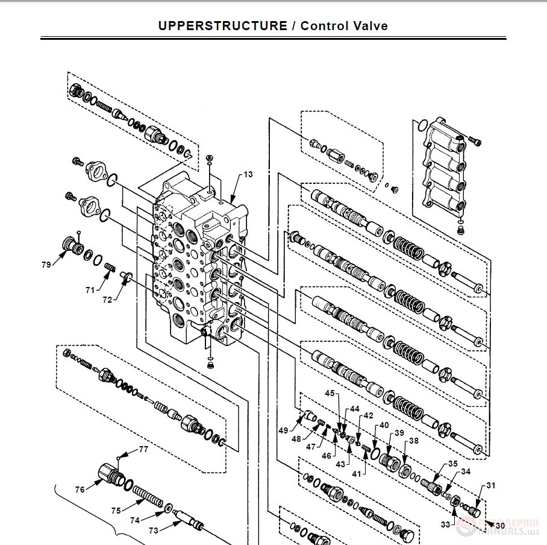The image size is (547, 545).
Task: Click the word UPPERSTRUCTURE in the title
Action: (x=222, y=26)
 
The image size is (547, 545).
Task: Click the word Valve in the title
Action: (x=370, y=26)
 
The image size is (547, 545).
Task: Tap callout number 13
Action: (x=248, y=175)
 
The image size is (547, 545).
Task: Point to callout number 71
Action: (x=90, y=290)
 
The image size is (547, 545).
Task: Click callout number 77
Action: (x=143, y=449)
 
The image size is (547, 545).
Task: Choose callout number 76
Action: (x=80, y=490)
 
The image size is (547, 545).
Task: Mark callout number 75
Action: (x=116, y=510)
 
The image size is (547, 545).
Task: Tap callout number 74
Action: (x=135, y=520)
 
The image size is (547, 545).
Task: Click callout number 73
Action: (x=154, y=531)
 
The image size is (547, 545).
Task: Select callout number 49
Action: (x=283, y=430)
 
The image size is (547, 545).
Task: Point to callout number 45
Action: (x=330, y=394)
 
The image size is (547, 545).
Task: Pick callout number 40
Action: (x=384, y=426)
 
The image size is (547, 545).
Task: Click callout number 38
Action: (x=414, y=441)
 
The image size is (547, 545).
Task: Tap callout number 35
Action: (x=452, y=464)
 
